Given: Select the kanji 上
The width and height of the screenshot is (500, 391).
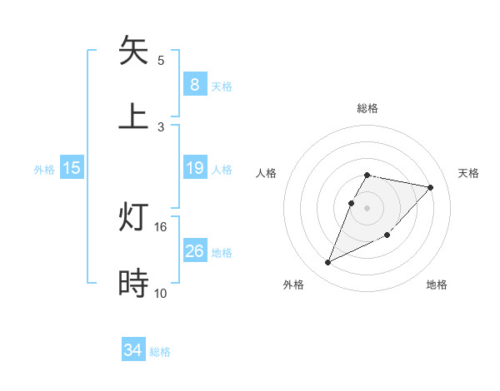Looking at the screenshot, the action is click(133, 115).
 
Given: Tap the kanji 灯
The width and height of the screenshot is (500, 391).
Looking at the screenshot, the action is click(133, 218).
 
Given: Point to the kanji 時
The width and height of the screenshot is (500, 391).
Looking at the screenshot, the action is click(133, 283).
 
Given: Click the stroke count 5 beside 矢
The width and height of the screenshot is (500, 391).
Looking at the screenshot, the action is click(161, 61).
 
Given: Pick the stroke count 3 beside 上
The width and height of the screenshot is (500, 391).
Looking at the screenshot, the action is click(161, 126).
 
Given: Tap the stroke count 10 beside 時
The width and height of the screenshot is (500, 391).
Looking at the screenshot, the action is click(161, 293).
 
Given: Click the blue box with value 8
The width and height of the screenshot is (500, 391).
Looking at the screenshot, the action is click(194, 84).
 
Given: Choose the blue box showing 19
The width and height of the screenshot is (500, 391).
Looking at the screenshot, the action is click(194, 168).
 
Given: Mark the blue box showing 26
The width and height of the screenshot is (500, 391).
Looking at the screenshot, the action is click(194, 250).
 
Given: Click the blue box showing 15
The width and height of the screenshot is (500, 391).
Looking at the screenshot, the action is click(72, 168).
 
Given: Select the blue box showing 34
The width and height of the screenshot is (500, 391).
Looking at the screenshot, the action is click(133, 350).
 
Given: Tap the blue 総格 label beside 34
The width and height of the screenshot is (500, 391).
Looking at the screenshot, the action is click(160, 352).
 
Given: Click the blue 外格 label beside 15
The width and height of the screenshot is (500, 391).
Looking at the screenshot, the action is click(44, 170).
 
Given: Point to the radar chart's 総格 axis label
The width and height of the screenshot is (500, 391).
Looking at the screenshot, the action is click(367, 108).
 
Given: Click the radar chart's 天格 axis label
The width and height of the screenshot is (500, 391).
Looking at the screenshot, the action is click(468, 173).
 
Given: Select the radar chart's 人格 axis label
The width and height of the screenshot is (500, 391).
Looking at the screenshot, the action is click(266, 173).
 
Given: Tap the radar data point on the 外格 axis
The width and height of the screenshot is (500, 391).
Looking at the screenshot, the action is click(327, 263).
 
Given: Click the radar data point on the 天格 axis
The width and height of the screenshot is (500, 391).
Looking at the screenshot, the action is click(430, 187).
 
